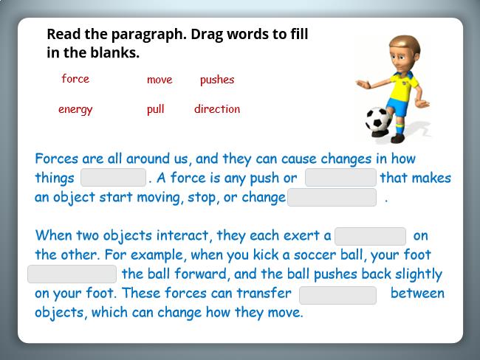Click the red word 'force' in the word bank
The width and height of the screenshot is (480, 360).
pyautogui.click(x=75, y=79)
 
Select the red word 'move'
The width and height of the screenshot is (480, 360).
pyautogui.click(x=160, y=80)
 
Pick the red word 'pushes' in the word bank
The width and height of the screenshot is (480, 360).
pyautogui.click(x=217, y=80)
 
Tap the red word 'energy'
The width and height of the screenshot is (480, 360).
pyautogui.click(x=75, y=109)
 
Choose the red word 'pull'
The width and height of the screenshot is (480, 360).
pyautogui.click(x=156, y=109)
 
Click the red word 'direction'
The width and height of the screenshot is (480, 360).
pyautogui.click(x=217, y=108)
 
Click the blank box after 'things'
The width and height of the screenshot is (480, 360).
pyautogui.click(x=113, y=177)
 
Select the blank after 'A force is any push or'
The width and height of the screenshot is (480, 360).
pyautogui.click(x=340, y=177)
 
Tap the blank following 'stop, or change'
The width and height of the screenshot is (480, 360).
pyautogui.click(x=332, y=197)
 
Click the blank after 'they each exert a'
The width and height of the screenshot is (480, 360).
pyautogui.click(x=371, y=236)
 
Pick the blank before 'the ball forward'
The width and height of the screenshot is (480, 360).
pyautogui.click(x=72, y=274)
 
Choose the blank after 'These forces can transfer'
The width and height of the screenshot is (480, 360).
pyautogui.click(x=338, y=296)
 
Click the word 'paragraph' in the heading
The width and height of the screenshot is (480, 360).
pyautogui.click(x=148, y=35)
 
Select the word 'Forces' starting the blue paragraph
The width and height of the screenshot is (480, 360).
pyautogui.click(x=57, y=159)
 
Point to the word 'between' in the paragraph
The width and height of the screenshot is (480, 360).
pyautogui.click(x=417, y=293)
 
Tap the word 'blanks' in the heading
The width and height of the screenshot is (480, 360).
pyautogui.click(x=114, y=52)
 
